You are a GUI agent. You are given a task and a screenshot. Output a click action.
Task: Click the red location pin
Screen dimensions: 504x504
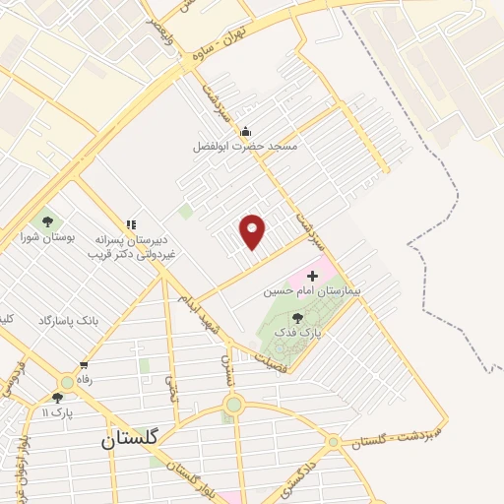coord(253,231)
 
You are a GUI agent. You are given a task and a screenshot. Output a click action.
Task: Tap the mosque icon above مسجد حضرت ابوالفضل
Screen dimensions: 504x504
coord(246,131)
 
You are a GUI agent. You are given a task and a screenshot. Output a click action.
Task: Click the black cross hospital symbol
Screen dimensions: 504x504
coord(314,276)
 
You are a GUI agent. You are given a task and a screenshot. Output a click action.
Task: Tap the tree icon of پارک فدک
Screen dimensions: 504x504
coord(297,317)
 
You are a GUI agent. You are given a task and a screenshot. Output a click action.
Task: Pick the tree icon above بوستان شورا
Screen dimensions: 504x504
coord(46,220)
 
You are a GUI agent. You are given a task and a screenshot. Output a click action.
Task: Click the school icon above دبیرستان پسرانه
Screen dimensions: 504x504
coord(131,223)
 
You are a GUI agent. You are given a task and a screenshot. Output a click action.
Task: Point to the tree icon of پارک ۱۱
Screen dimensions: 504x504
coord(57,398)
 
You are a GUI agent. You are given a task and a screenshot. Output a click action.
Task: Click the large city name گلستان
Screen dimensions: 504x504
coord(138,442)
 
